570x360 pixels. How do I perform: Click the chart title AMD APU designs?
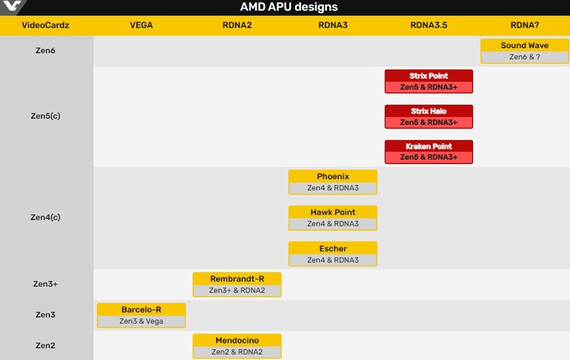coord(289,8)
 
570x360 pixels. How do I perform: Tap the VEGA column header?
coord(141,25)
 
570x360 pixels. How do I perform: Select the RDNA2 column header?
coord(237,25)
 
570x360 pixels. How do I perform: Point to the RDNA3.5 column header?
coord(429,25)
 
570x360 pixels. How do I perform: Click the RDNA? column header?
coord(524,25)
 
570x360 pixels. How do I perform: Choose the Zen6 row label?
coord(46,51)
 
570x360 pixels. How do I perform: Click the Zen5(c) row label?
coord(46,116)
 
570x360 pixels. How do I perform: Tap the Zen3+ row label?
coord(46,284)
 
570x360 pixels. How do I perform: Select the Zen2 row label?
coord(46,345)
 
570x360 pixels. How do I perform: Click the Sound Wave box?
coord(524,51)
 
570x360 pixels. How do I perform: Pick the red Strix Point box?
coord(429,81)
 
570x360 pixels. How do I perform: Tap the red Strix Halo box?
coord(429,117)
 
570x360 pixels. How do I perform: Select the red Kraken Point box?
coord(429,151)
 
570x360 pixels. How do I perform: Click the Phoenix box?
coord(332,182)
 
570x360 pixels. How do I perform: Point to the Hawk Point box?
coord(332,217)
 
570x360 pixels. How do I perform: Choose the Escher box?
coord(332,254)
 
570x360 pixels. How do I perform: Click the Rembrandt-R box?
coord(237,284)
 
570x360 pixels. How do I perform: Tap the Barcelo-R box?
coord(141,315)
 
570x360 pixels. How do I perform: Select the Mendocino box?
coord(237,345)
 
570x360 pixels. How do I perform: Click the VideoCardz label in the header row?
coord(46,25)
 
